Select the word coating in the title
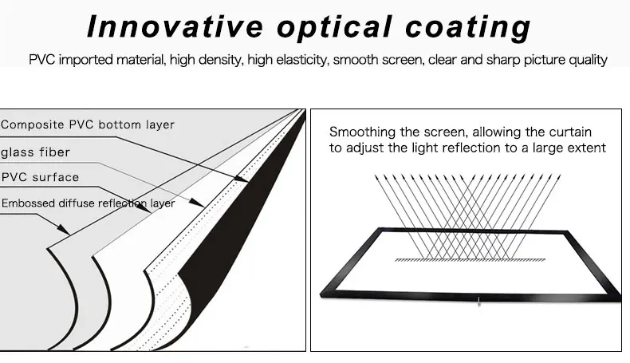[469, 26]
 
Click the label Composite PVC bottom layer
[88, 124]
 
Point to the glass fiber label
[35, 152]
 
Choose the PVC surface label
[41, 177]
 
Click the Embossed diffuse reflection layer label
[88, 203]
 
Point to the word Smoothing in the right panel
[359, 132]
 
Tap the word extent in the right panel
[588, 148]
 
